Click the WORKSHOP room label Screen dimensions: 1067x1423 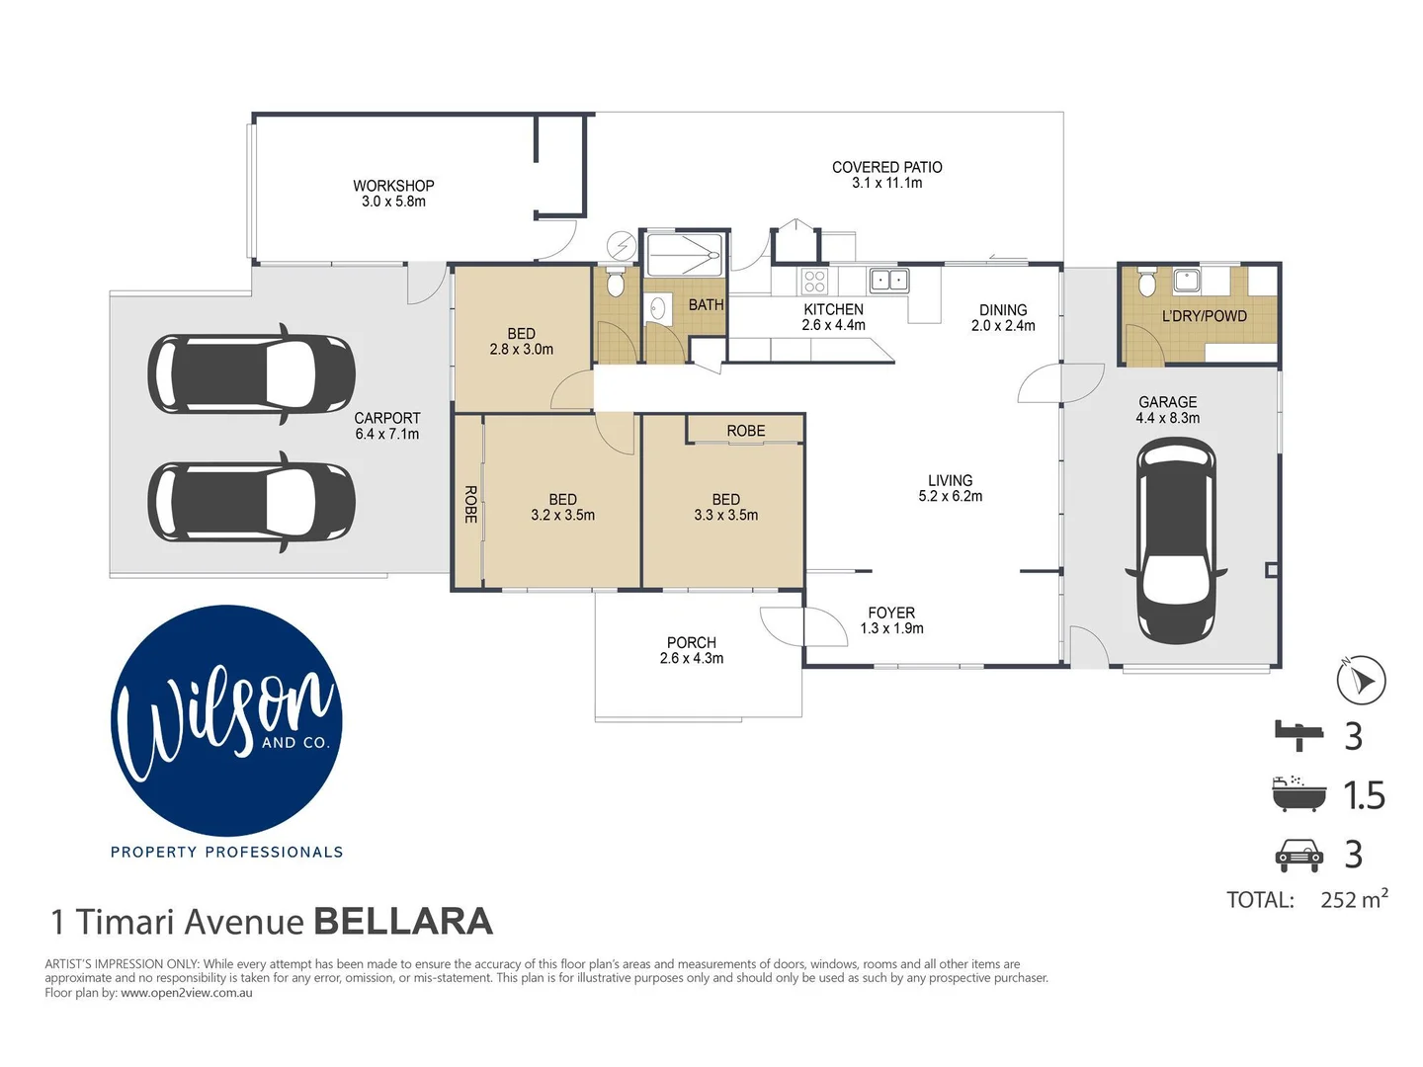click(393, 186)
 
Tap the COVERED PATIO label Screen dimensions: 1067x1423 click(886, 168)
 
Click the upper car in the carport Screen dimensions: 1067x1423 click(251, 374)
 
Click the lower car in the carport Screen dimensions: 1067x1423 click(251, 502)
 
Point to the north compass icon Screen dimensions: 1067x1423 click(1361, 680)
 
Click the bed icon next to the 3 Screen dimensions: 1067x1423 click(1297, 734)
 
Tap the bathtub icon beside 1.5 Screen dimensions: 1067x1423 click(1298, 794)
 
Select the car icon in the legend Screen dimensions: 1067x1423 click(1298, 855)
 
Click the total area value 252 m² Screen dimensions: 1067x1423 click(1353, 899)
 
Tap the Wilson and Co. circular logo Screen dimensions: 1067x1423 click(226, 720)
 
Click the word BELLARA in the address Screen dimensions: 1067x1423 click(403, 922)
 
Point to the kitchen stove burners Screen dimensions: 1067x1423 click(814, 281)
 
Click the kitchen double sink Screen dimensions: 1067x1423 click(888, 281)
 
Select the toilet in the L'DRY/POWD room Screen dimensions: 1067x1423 click(1147, 285)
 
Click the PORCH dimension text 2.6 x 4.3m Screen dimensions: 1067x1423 click(691, 659)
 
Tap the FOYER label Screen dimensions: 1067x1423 click(891, 613)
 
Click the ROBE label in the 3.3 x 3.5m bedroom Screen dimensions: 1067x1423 click(745, 431)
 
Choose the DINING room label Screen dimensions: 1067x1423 click(1002, 310)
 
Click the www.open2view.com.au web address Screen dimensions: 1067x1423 click(186, 993)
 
